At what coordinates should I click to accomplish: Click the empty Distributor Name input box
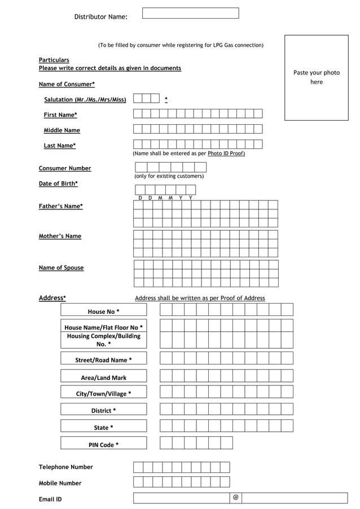click(190, 13)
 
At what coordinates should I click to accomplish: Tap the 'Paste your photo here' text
click(316, 77)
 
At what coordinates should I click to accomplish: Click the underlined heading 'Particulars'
click(54, 60)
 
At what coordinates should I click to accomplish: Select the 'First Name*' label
click(60, 115)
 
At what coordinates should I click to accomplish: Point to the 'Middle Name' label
click(62, 130)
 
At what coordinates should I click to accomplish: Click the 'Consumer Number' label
click(64, 168)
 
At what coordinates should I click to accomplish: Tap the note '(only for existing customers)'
click(169, 176)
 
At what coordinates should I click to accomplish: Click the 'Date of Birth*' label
click(58, 183)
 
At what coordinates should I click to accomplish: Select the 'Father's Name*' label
click(60, 207)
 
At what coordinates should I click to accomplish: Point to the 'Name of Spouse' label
click(61, 268)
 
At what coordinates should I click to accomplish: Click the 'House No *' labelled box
click(103, 311)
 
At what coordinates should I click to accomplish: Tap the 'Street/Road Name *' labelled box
click(103, 360)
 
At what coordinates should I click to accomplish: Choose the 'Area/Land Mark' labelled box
click(103, 378)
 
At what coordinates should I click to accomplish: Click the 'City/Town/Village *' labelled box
click(103, 394)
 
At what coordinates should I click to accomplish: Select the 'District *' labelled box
click(103, 410)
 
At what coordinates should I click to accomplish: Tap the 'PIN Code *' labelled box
click(103, 445)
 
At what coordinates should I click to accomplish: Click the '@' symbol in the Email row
click(235, 498)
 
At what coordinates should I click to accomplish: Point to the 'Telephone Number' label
click(65, 467)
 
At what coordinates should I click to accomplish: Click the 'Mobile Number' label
click(60, 483)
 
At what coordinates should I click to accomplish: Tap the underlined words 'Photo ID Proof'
click(226, 153)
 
